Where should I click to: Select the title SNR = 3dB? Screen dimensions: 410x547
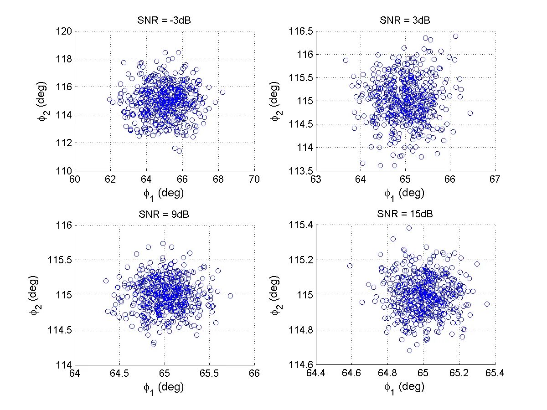pyautogui.click(x=405, y=21)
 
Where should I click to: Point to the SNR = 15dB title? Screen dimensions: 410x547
pyautogui.click(x=405, y=215)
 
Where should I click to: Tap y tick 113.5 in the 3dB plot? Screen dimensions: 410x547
pyautogui.click(x=301, y=171)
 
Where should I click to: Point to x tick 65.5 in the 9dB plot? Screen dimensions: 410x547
pyautogui.click(x=209, y=373)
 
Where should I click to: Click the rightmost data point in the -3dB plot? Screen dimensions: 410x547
pyautogui.click(x=222, y=92)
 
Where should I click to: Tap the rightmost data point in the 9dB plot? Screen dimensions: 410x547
pyautogui.click(x=230, y=296)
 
